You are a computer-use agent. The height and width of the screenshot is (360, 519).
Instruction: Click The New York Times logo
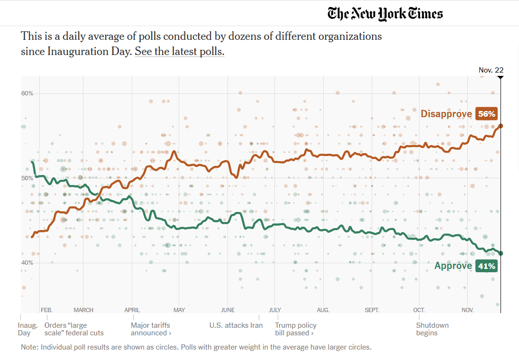pos(385,13)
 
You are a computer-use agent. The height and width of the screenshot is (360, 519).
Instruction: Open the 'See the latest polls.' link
pos(179,52)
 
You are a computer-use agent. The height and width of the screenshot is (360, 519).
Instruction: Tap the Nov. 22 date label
pos(491,70)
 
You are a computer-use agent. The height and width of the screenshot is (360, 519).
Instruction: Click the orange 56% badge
pos(486,114)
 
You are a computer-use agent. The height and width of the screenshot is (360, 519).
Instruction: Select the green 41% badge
pos(486,266)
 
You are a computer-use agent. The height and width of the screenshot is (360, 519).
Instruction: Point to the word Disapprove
pos(446,114)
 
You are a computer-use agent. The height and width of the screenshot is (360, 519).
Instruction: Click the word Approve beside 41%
pos(453,266)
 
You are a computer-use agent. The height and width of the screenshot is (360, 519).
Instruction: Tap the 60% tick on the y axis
pos(27,93)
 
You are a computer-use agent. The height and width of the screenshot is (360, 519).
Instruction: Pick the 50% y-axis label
pos(27,178)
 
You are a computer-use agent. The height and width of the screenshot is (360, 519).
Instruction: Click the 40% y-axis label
pos(27,263)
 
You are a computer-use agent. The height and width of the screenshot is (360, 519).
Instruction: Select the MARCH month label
pos(83,310)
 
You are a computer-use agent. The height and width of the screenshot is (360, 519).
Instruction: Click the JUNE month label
pos(228,310)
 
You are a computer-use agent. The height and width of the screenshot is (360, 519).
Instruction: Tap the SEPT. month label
pos(372,310)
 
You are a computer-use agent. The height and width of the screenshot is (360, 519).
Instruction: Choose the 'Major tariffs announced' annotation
pos(151,329)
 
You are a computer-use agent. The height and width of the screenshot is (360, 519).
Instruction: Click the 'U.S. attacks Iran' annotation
pos(236,325)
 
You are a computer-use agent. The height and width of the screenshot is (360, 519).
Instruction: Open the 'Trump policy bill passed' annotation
pos(296,329)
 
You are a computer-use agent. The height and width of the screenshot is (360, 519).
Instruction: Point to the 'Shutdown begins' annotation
pos(432,329)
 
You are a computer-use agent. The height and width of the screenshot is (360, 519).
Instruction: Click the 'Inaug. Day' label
pos(28,329)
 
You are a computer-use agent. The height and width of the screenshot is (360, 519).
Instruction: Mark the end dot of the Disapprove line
pos(501,126)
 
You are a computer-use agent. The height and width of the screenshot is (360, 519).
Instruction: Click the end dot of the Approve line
pos(501,253)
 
